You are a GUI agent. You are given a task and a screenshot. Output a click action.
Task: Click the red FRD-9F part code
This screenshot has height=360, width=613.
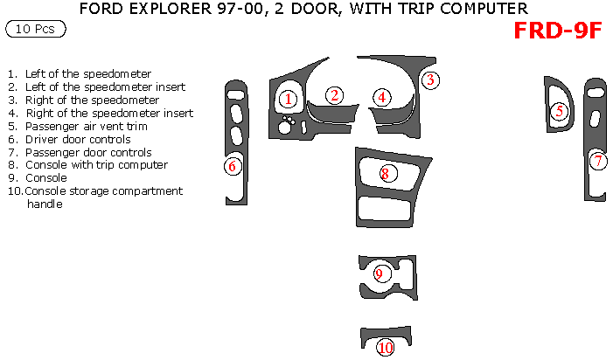tap(557, 31)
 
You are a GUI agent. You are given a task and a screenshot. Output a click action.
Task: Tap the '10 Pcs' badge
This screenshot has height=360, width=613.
tap(35, 30)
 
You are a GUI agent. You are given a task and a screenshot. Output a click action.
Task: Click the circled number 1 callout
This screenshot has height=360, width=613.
tap(288, 99)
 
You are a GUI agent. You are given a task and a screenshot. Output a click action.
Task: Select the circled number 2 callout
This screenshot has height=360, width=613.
tap(334, 95)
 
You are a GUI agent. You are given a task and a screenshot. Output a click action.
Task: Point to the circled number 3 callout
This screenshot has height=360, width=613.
tap(430, 80)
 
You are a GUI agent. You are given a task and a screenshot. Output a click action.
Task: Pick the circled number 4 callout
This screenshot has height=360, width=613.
tap(382, 97)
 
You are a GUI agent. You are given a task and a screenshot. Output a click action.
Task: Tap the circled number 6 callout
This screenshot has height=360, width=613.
tap(233, 165)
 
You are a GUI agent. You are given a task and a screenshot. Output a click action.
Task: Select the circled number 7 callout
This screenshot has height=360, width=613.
tap(598, 161)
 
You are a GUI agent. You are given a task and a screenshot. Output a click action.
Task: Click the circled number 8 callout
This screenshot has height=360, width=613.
tap(385, 173)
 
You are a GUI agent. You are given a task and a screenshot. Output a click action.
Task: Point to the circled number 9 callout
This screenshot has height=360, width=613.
tap(379, 273)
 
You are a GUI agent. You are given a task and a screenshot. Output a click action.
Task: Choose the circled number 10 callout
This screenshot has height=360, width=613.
tap(386, 347)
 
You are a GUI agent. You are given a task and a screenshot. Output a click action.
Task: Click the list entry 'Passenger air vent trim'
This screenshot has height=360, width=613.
tap(86, 126)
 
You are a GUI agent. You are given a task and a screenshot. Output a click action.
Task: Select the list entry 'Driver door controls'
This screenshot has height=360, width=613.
tap(78, 139)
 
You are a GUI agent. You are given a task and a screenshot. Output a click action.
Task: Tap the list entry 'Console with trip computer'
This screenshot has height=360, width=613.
tap(96, 164)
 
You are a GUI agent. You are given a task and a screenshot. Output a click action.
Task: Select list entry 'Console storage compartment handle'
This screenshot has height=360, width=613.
tap(103, 197)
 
